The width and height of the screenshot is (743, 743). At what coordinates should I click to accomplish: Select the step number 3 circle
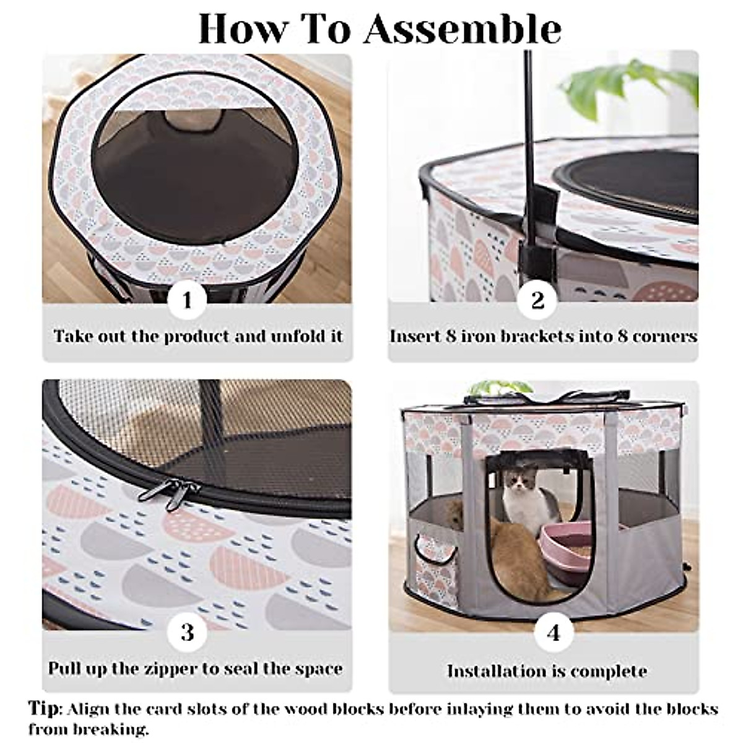click(187, 632)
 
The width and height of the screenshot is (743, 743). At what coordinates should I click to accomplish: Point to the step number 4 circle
click(553, 632)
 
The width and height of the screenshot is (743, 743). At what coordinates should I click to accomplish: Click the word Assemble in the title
click(462, 29)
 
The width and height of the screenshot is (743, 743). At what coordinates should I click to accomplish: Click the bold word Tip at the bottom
click(45, 708)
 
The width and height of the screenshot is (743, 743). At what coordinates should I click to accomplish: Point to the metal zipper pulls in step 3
click(166, 492)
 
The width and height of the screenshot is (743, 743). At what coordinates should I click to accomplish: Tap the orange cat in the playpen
click(517, 554)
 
